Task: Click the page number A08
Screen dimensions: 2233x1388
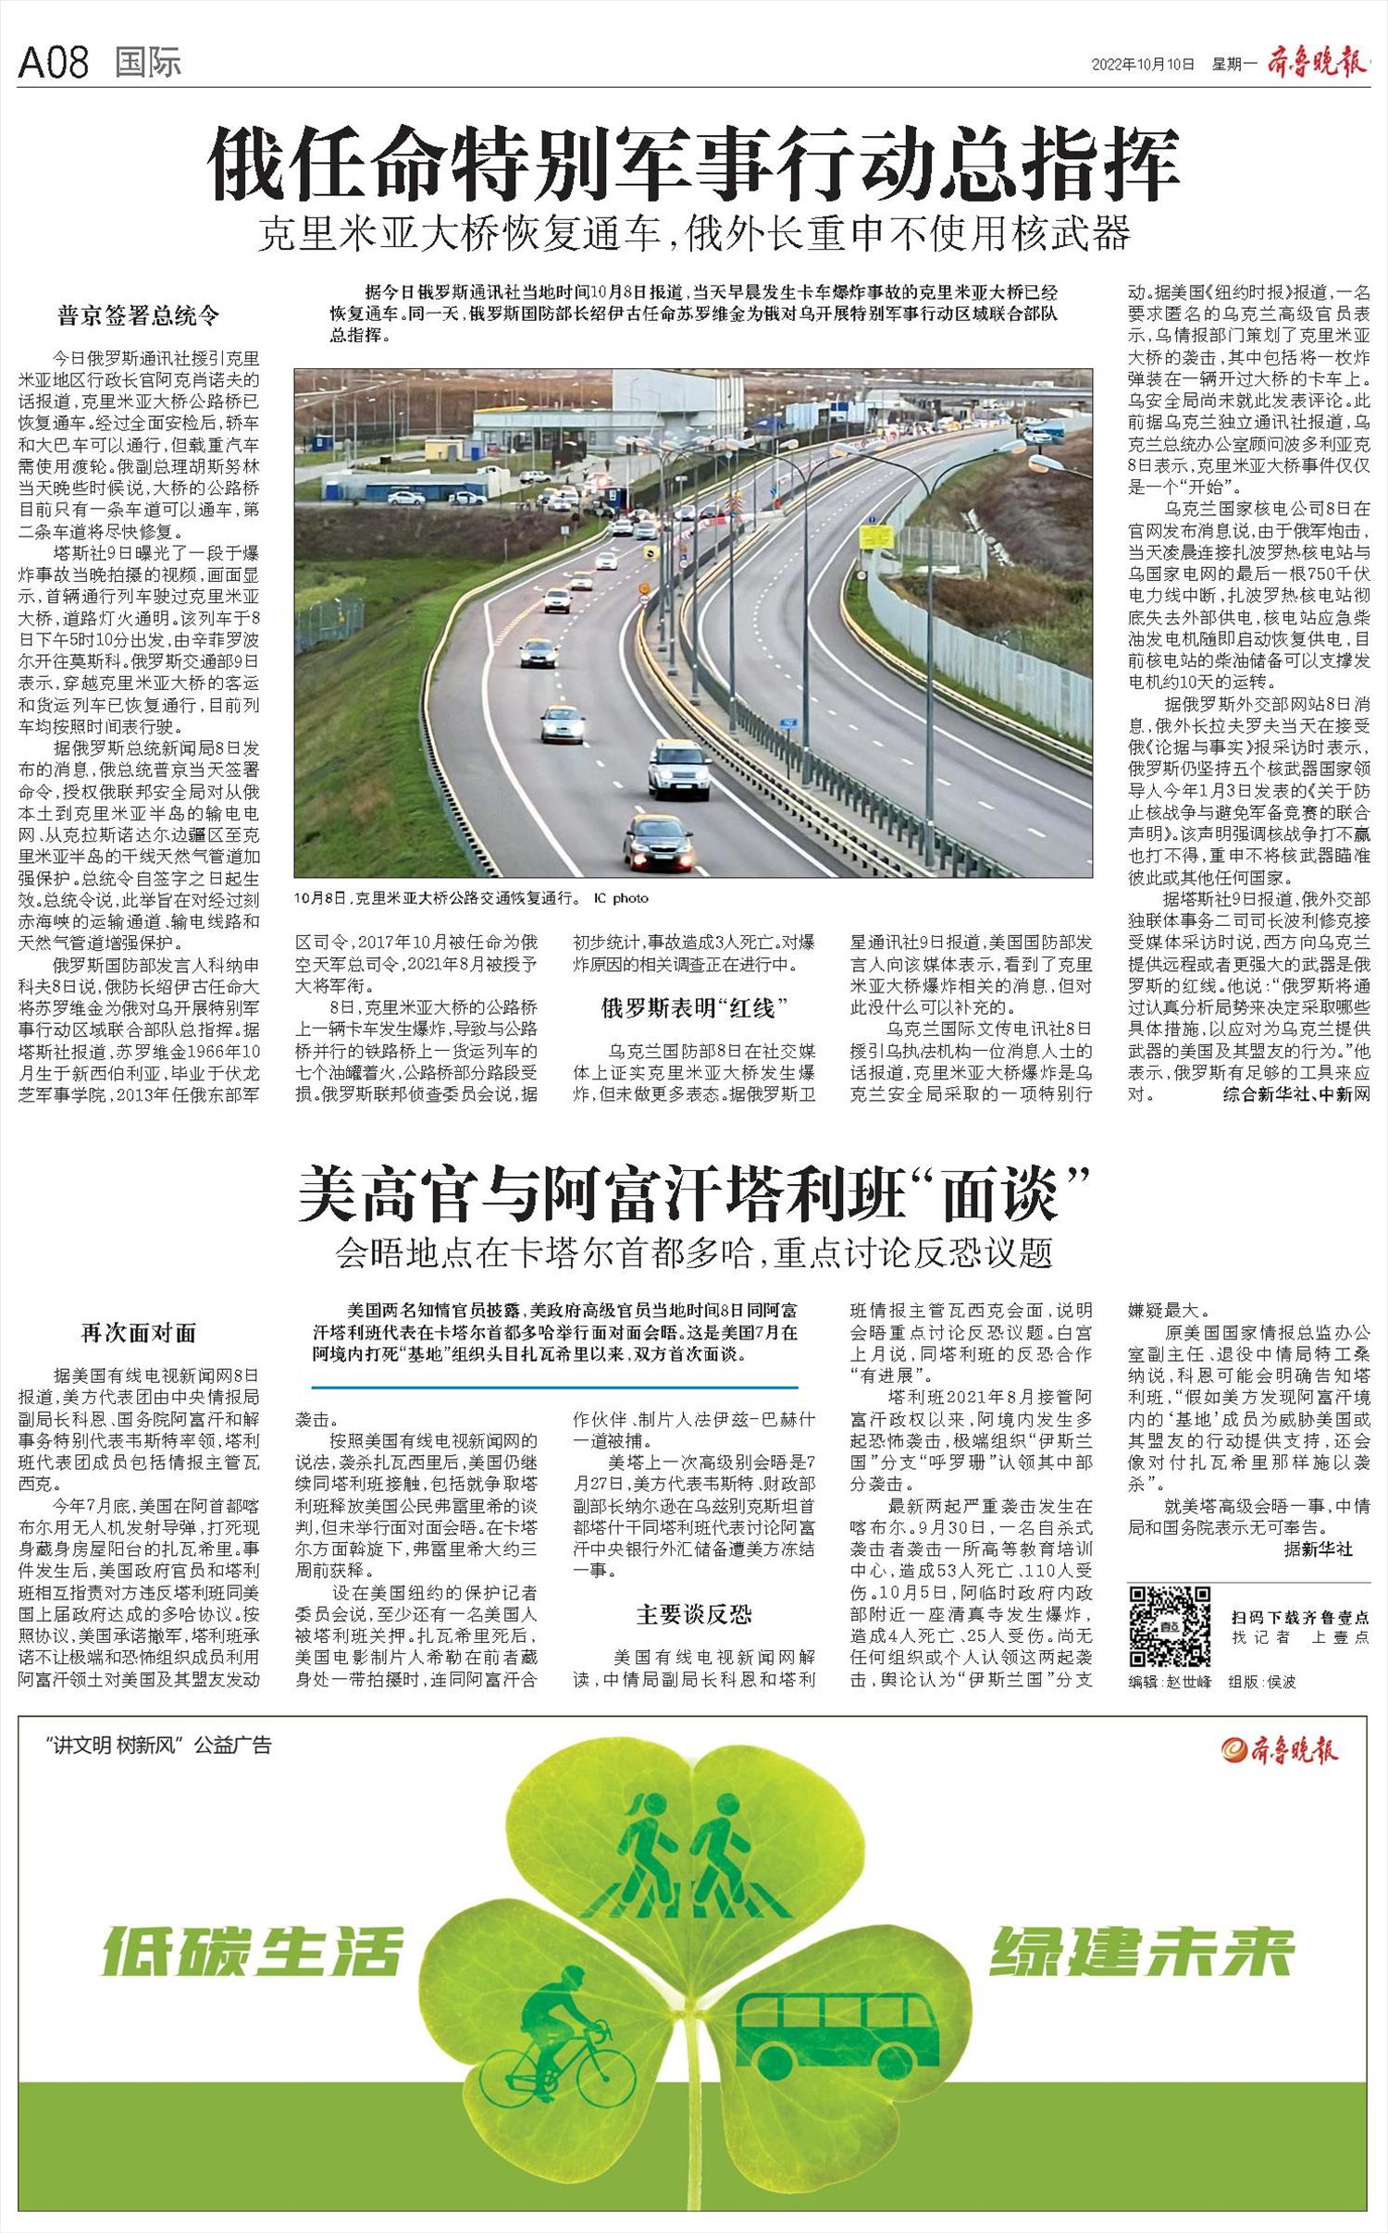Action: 54,63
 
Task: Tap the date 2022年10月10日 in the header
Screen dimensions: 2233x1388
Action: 1143,64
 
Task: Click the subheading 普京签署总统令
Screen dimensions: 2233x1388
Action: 139,316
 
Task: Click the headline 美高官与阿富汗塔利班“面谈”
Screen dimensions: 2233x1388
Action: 689,1195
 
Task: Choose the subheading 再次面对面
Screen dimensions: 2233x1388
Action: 139,1333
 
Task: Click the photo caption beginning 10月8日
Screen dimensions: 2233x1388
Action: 472,898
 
